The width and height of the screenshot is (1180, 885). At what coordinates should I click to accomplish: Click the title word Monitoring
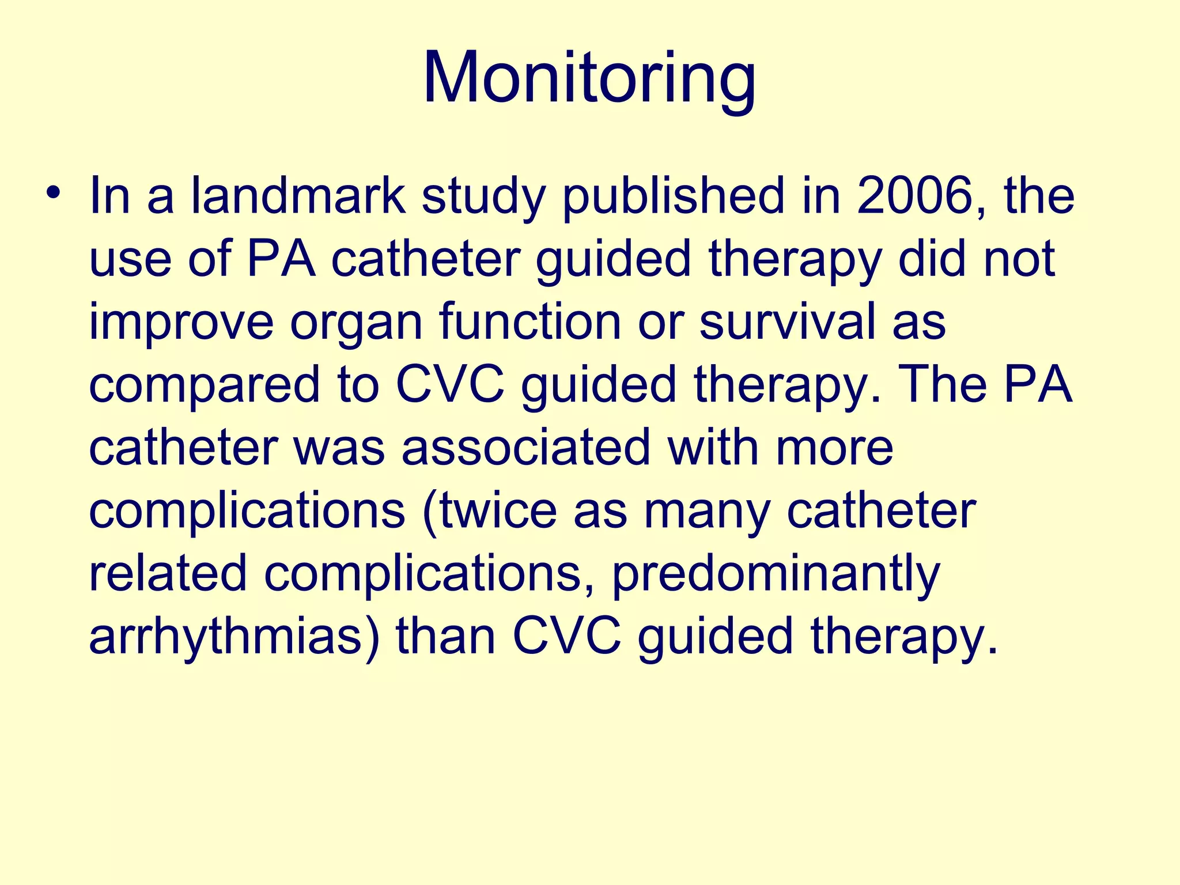coord(589,78)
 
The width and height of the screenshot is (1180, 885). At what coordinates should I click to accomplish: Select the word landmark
coord(298,196)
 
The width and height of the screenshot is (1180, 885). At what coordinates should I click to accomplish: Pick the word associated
coord(525,448)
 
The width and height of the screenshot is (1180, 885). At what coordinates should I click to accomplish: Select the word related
coord(168,573)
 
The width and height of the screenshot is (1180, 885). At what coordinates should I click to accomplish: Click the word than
coord(445,637)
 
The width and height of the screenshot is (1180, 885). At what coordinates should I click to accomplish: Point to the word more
coord(834,448)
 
